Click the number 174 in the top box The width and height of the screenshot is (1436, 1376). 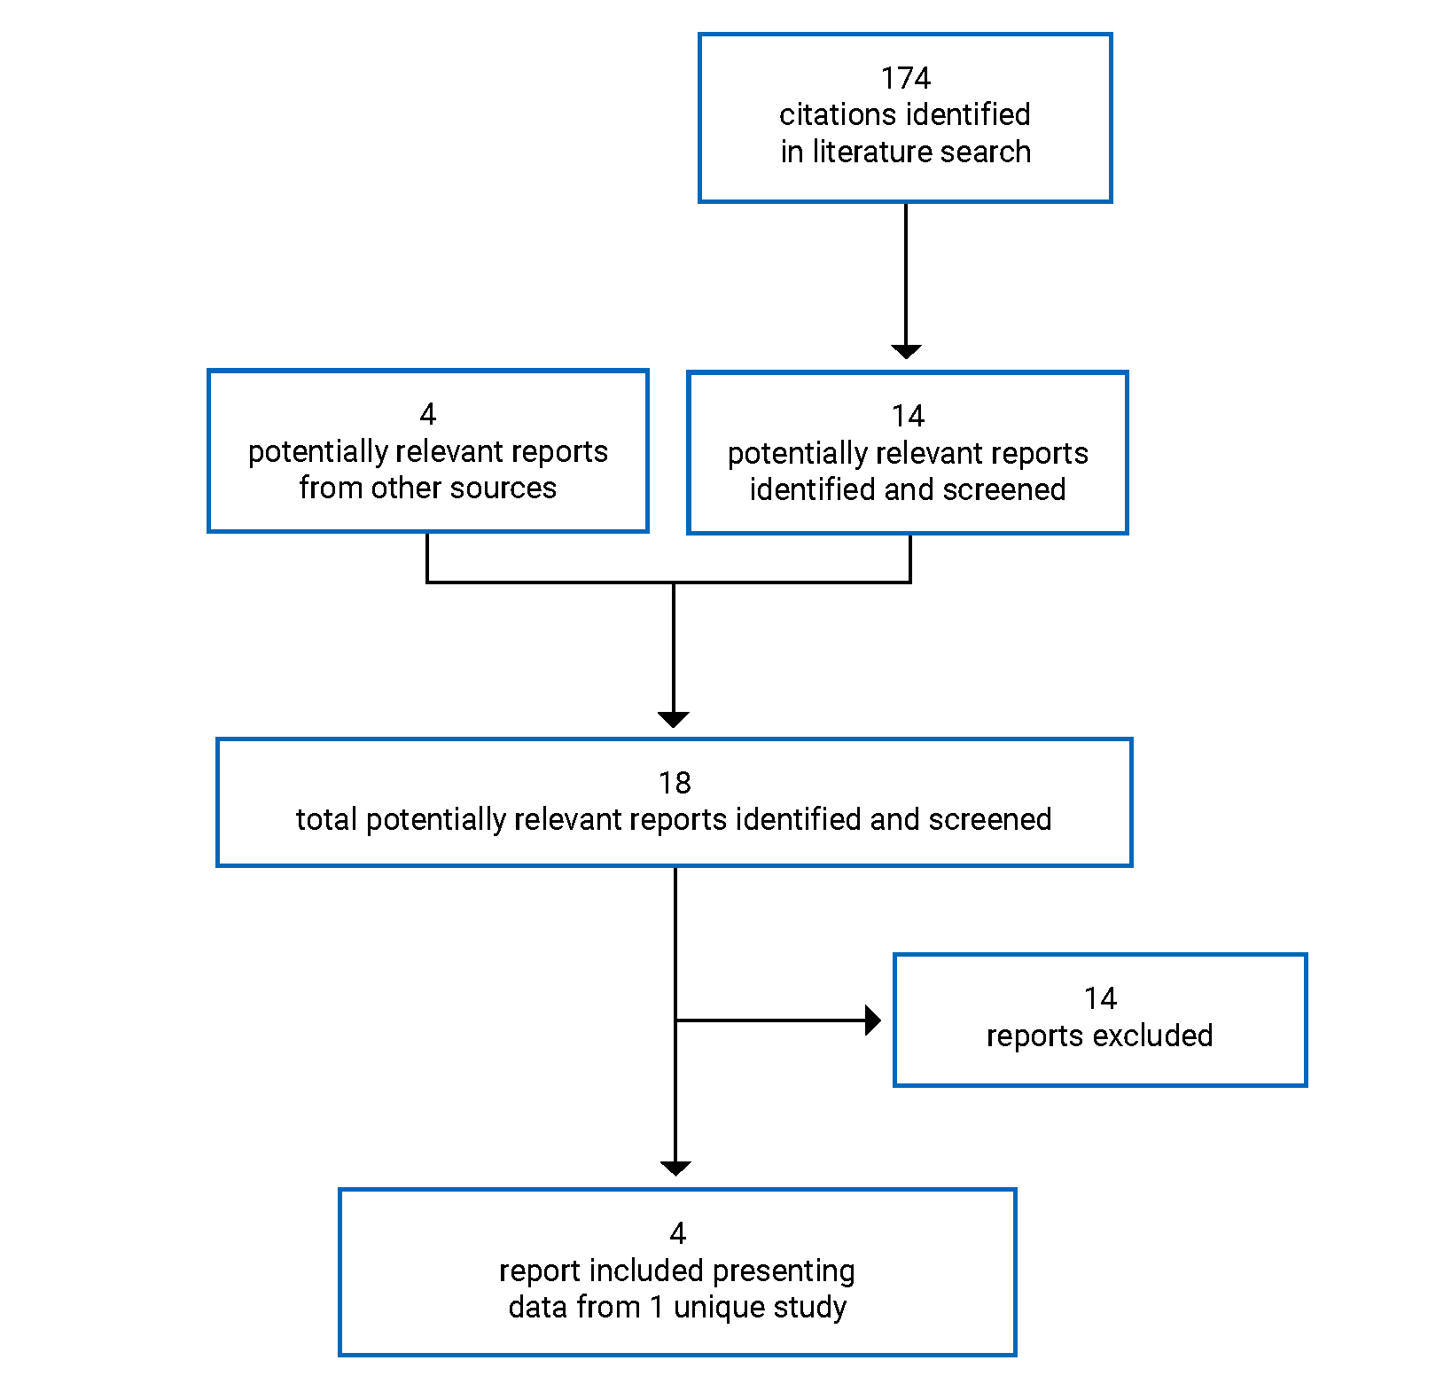(x=905, y=78)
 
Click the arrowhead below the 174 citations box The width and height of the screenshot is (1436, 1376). (x=906, y=351)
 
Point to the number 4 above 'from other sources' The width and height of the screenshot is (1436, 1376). (x=427, y=414)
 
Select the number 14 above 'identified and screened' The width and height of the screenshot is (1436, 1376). (x=908, y=416)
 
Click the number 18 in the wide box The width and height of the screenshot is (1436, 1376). (x=675, y=783)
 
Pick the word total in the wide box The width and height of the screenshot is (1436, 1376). (x=326, y=819)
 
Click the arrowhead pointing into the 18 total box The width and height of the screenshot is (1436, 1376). (x=674, y=719)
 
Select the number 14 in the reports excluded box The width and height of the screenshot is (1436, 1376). (x=1100, y=998)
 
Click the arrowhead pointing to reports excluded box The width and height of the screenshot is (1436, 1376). (x=873, y=1020)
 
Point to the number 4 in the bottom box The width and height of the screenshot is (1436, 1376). (x=677, y=1233)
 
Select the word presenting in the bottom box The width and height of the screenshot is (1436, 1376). (x=784, y=1270)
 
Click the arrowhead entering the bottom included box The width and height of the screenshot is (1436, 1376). (x=675, y=1168)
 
